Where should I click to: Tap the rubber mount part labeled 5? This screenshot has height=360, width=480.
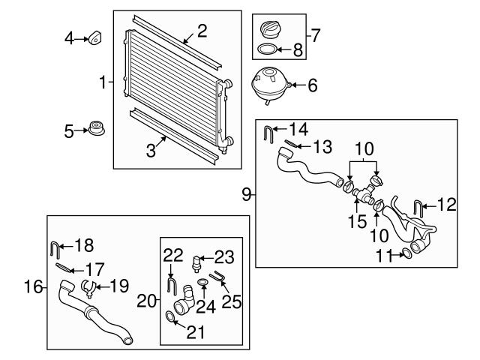click(x=95, y=129)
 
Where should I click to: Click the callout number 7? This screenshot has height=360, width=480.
click(x=316, y=34)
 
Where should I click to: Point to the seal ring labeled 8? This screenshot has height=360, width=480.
click(x=265, y=51)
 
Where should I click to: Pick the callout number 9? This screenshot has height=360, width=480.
click(x=247, y=194)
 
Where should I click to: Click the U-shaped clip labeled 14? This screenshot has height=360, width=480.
click(x=268, y=134)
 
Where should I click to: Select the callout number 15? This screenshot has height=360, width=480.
click(x=358, y=222)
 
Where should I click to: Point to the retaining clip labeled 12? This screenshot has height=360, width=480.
click(x=418, y=205)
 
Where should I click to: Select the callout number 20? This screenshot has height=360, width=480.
click(x=147, y=301)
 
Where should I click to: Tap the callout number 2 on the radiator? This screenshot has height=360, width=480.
click(x=201, y=31)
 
